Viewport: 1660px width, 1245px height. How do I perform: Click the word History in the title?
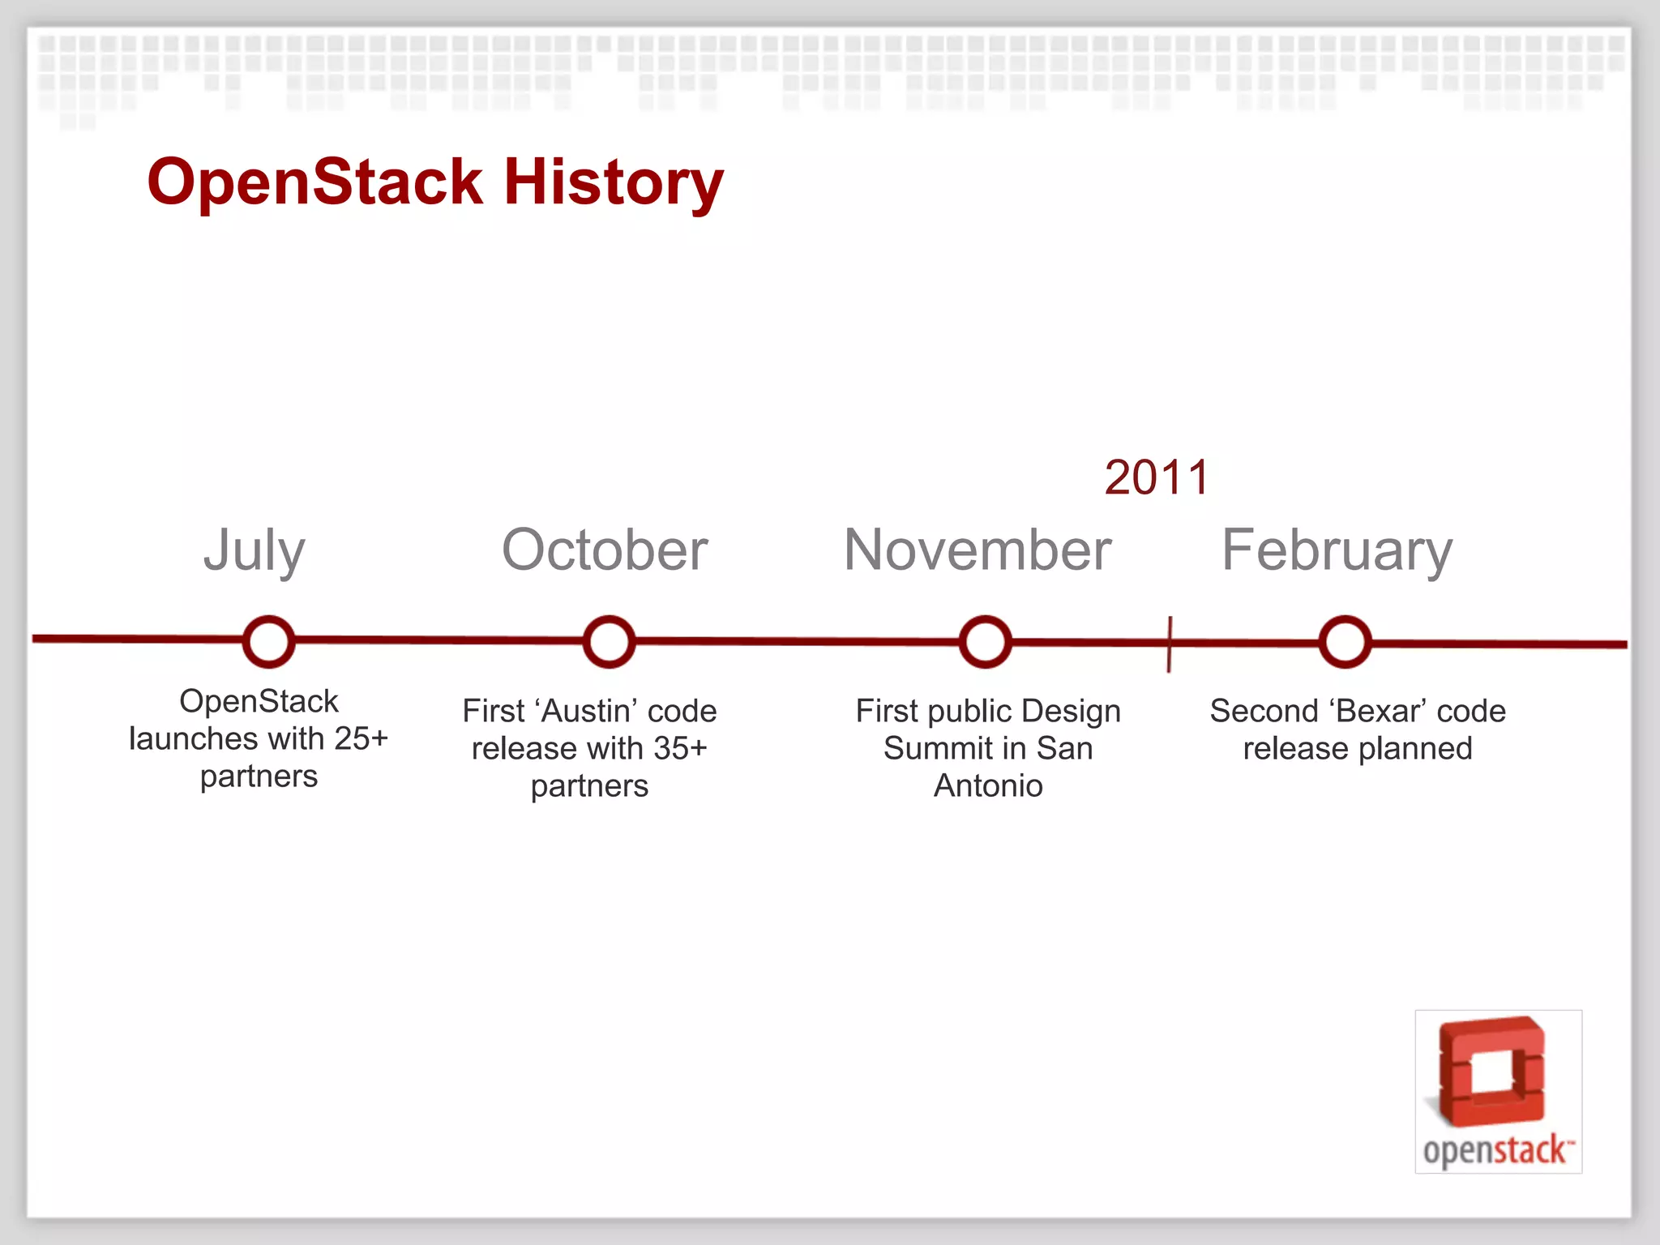(613, 182)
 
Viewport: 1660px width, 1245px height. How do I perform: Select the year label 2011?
(1157, 477)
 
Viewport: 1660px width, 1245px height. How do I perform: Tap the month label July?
(255, 551)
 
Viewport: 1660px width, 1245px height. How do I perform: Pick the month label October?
(605, 550)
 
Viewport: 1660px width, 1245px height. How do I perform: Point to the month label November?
(978, 550)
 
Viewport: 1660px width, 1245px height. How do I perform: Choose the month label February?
(1337, 551)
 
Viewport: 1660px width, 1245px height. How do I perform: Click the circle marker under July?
(268, 642)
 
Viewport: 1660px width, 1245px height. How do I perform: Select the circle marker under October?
(609, 642)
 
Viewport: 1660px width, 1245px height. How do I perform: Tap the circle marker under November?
(985, 642)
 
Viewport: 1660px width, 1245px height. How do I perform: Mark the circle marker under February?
(1345, 642)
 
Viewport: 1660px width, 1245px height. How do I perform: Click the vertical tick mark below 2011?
(1169, 644)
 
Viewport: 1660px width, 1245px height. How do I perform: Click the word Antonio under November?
(988, 785)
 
